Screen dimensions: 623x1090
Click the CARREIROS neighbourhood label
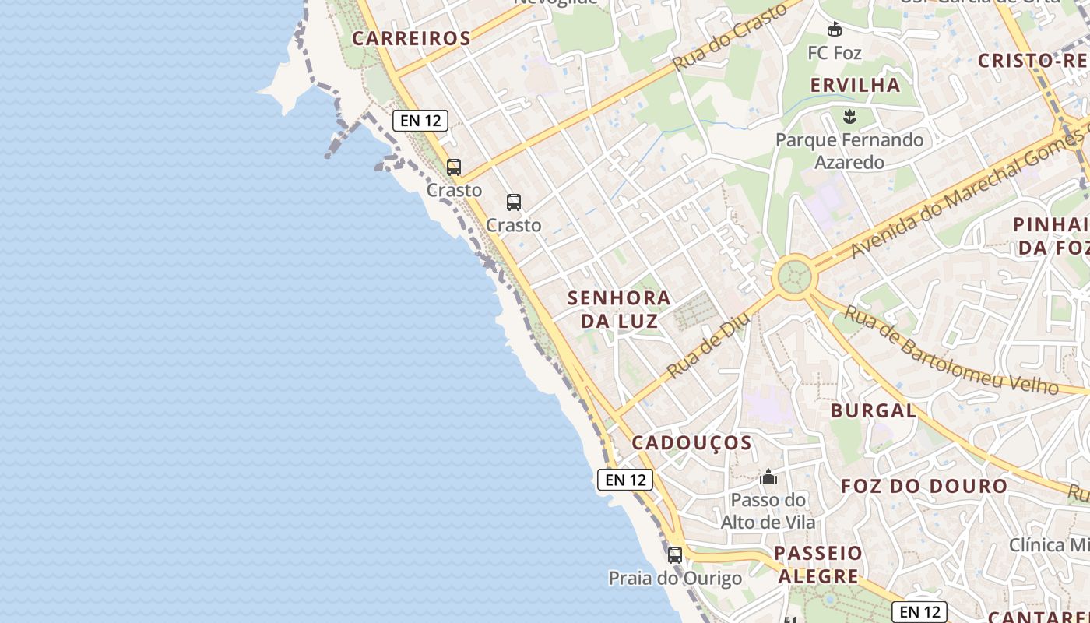tap(411, 38)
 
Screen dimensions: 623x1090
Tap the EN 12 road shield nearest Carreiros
tap(420, 121)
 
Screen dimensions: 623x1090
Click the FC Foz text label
tap(835, 53)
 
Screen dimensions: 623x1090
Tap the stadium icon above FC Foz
tap(835, 30)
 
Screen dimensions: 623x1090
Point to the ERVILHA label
tap(855, 85)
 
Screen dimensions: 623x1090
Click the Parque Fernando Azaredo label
tap(849, 151)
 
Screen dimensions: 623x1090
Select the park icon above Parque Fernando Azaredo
tap(849, 118)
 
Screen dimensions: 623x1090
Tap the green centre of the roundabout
tap(793, 276)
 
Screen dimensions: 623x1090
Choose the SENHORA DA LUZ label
tap(619, 309)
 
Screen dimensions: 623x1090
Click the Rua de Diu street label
tap(708, 345)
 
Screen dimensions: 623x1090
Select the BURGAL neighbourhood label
tap(873, 410)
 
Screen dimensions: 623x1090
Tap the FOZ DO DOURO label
tap(924, 487)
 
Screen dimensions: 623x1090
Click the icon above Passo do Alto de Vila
tap(768, 477)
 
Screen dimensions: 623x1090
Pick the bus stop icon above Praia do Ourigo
tap(675, 555)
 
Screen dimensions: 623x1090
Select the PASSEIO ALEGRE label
tap(819, 565)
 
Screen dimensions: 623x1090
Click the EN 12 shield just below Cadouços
tap(625, 480)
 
